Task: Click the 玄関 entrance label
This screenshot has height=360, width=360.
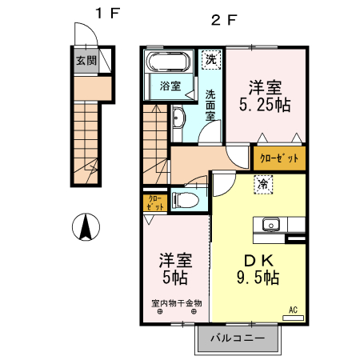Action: [x=86, y=60]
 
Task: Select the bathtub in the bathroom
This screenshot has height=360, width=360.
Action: [x=168, y=62]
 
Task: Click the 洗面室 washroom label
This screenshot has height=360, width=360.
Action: [x=210, y=105]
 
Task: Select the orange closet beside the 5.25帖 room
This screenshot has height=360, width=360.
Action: [x=279, y=158]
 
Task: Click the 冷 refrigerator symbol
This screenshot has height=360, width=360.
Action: [x=262, y=184]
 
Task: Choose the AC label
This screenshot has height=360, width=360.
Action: [x=292, y=309]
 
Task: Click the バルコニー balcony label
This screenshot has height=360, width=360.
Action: [x=238, y=338]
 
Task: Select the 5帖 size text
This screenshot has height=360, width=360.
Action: [x=175, y=278]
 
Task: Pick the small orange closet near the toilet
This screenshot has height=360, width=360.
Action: [x=154, y=202]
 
